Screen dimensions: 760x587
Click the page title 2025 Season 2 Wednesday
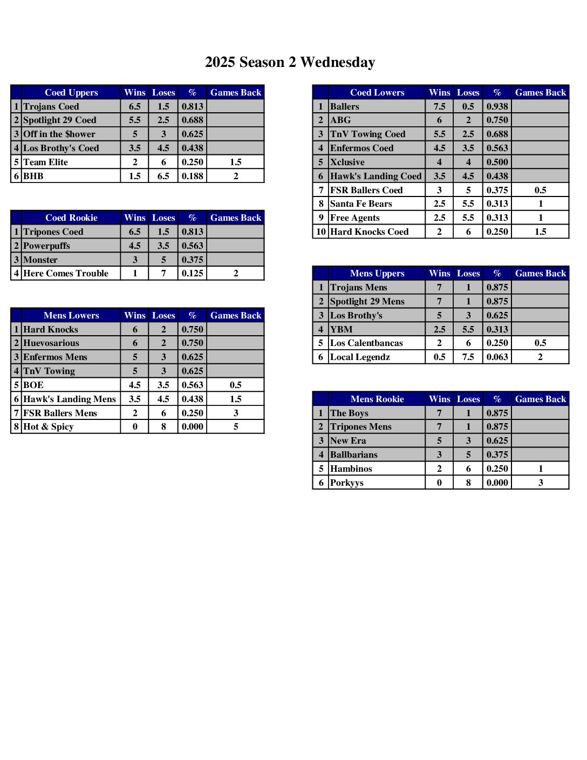290,63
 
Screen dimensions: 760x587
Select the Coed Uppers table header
71,92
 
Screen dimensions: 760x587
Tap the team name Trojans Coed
51,106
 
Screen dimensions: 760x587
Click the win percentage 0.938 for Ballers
497,106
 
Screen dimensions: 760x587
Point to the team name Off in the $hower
59,134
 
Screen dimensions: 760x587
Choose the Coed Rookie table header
71,218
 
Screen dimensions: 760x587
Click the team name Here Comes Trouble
66,273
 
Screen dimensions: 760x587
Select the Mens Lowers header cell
71,315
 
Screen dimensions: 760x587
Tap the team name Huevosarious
51,343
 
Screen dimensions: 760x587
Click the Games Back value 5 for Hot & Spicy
236,426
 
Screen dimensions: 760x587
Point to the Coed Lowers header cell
377,92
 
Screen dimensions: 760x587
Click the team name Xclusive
347,162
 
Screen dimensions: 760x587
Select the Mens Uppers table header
377,273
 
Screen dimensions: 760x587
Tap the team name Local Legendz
360,357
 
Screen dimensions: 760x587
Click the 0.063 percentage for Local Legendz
497,357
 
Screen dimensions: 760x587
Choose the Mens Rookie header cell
377,399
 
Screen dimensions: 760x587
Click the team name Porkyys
347,483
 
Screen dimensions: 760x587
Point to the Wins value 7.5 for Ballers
439,106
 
